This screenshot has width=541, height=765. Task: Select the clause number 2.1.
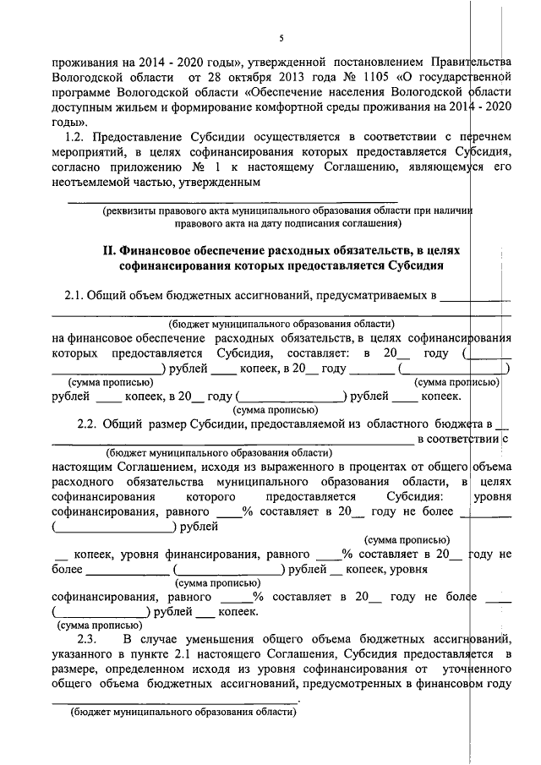tap(75, 295)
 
